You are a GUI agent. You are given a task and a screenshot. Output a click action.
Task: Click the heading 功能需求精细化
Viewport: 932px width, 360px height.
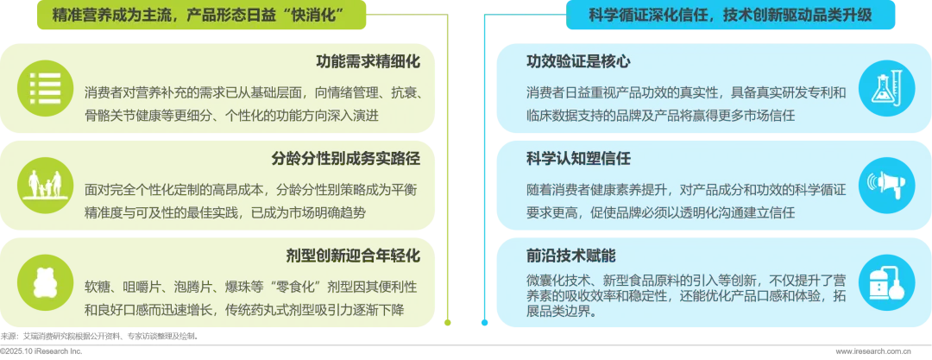point(368,62)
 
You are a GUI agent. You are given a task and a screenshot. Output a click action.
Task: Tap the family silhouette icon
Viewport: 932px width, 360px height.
point(44,184)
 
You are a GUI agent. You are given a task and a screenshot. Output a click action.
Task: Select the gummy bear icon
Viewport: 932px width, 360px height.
point(44,281)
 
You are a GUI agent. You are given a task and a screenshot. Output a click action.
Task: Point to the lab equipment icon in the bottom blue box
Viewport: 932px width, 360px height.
point(887,281)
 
